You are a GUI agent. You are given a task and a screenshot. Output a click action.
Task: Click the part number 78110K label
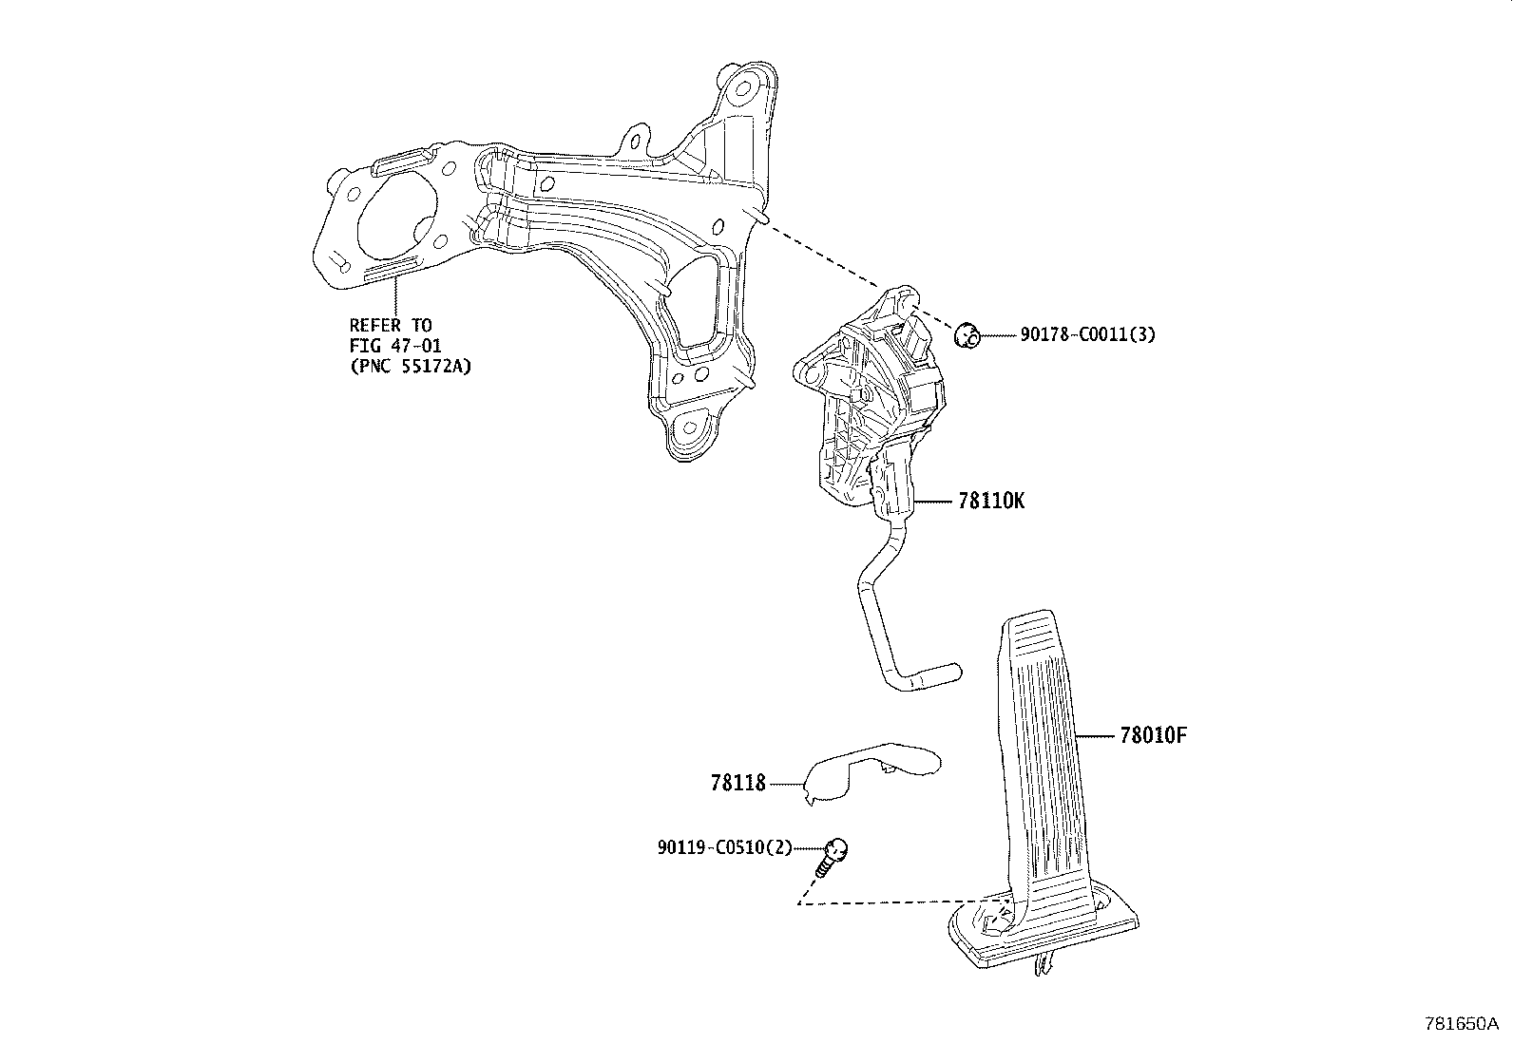pos(991,501)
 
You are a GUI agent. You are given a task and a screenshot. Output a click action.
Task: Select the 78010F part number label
pos(1154,735)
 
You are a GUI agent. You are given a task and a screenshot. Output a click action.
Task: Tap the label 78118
pos(737,784)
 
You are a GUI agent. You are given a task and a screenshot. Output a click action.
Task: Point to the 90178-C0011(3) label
pos(1087,334)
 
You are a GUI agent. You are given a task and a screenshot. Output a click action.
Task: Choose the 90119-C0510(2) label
pos(723,847)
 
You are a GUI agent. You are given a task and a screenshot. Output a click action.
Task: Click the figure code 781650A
pos(1461,1024)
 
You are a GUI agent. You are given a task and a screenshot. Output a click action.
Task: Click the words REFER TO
pos(391,326)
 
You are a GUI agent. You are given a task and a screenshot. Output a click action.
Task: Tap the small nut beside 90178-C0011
pos(967,334)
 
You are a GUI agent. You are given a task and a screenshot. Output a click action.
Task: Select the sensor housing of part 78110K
pos(865,399)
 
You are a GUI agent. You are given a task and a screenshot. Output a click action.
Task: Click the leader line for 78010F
pos(1094,735)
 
